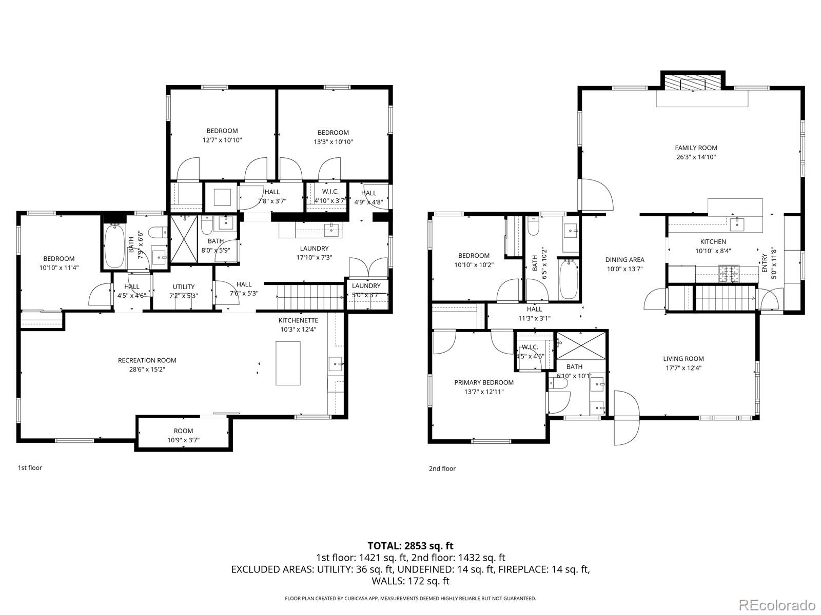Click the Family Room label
[696, 148]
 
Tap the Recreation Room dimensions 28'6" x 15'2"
[147, 370]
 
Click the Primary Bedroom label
[484, 382]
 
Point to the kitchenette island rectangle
[288, 363]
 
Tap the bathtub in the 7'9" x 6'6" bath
[115, 245]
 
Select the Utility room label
[183, 287]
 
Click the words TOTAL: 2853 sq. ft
[411, 546]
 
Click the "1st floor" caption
[30, 467]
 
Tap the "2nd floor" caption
[442, 468]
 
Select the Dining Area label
[624, 259]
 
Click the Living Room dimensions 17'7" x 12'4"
[683, 368]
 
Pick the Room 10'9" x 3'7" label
[183, 436]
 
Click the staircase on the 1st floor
[310, 297]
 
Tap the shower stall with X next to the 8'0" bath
[184, 239]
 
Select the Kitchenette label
[298, 320]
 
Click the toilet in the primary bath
[558, 383]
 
